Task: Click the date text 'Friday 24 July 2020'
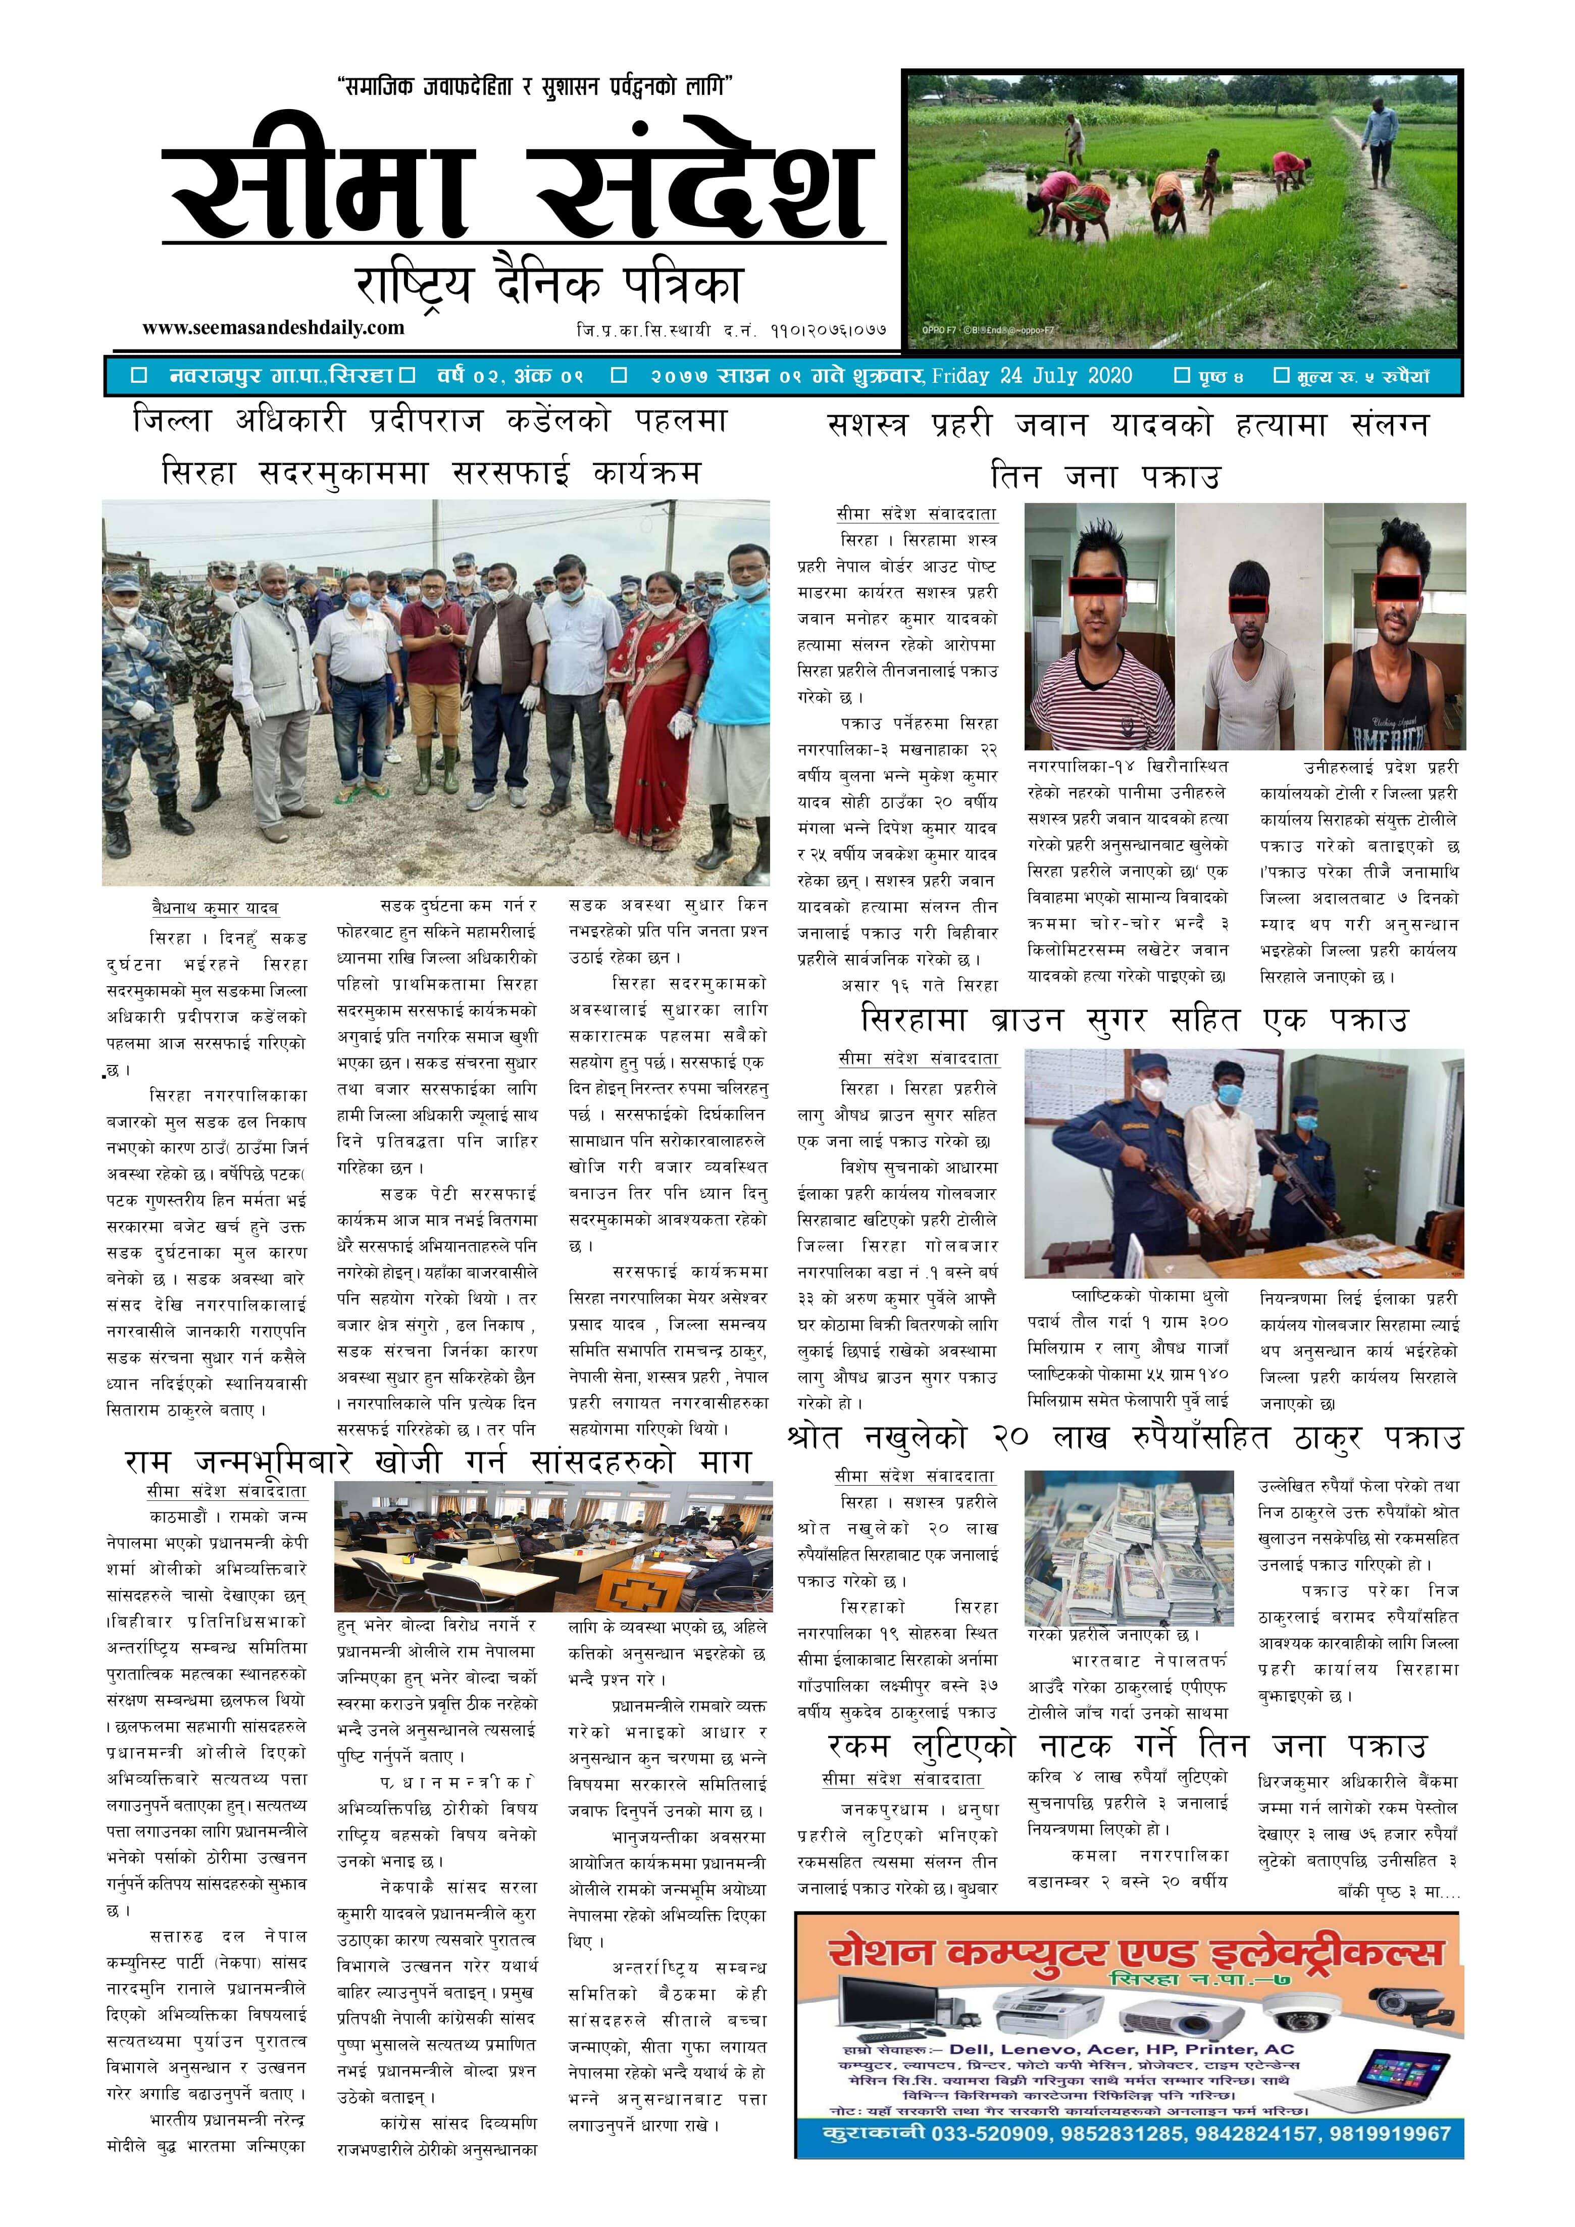point(1031,376)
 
